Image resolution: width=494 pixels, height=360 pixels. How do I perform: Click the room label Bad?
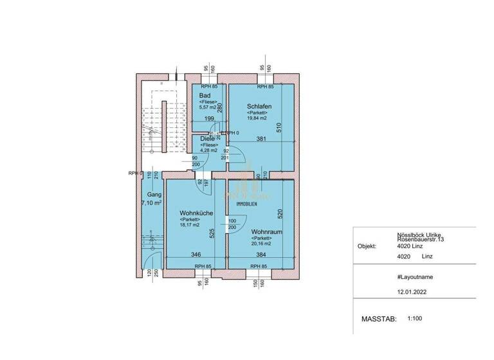[205, 96]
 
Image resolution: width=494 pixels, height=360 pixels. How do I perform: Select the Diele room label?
[208, 138]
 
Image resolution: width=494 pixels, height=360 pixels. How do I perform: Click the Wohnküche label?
[197, 213]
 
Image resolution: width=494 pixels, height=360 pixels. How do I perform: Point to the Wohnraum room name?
[264, 231]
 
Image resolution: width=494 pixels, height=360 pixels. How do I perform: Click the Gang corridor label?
[153, 194]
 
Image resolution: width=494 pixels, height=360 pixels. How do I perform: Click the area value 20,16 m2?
[261, 244]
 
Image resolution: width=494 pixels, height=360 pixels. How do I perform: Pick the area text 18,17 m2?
[192, 226]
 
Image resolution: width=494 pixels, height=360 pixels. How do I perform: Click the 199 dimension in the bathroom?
[208, 119]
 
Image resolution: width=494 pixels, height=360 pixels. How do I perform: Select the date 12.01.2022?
[412, 291]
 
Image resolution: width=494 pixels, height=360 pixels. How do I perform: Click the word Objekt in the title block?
[367, 246]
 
